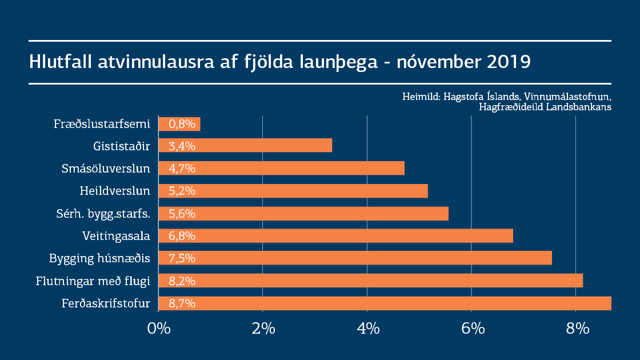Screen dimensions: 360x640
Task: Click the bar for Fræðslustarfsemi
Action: click(x=179, y=124)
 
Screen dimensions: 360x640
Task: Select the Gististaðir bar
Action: click(x=245, y=146)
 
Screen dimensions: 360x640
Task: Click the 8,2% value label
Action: click(x=182, y=281)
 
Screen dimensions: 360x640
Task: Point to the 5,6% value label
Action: click(x=182, y=213)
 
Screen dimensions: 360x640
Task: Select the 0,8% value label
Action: click(x=182, y=124)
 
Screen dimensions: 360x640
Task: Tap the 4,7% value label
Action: click(x=182, y=169)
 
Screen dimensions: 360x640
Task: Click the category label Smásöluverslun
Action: click(x=106, y=169)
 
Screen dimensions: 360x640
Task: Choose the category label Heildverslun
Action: click(x=115, y=191)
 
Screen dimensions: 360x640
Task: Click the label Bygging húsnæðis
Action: click(x=100, y=258)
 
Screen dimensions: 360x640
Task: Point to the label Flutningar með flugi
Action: click(x=93, y=281)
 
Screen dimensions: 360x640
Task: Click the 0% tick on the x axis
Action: click(x=158, y=329)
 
